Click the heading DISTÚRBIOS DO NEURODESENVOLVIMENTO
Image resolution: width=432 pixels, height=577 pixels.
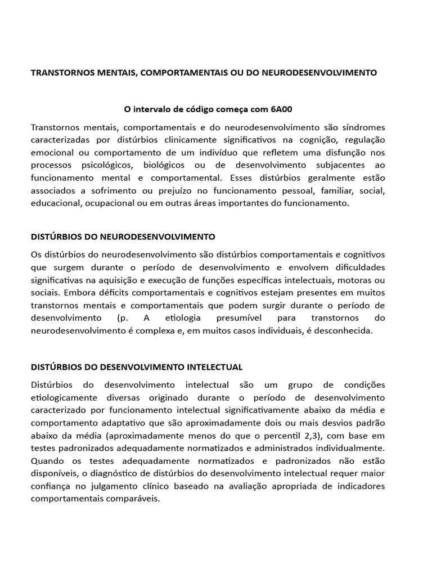coord(123,237)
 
